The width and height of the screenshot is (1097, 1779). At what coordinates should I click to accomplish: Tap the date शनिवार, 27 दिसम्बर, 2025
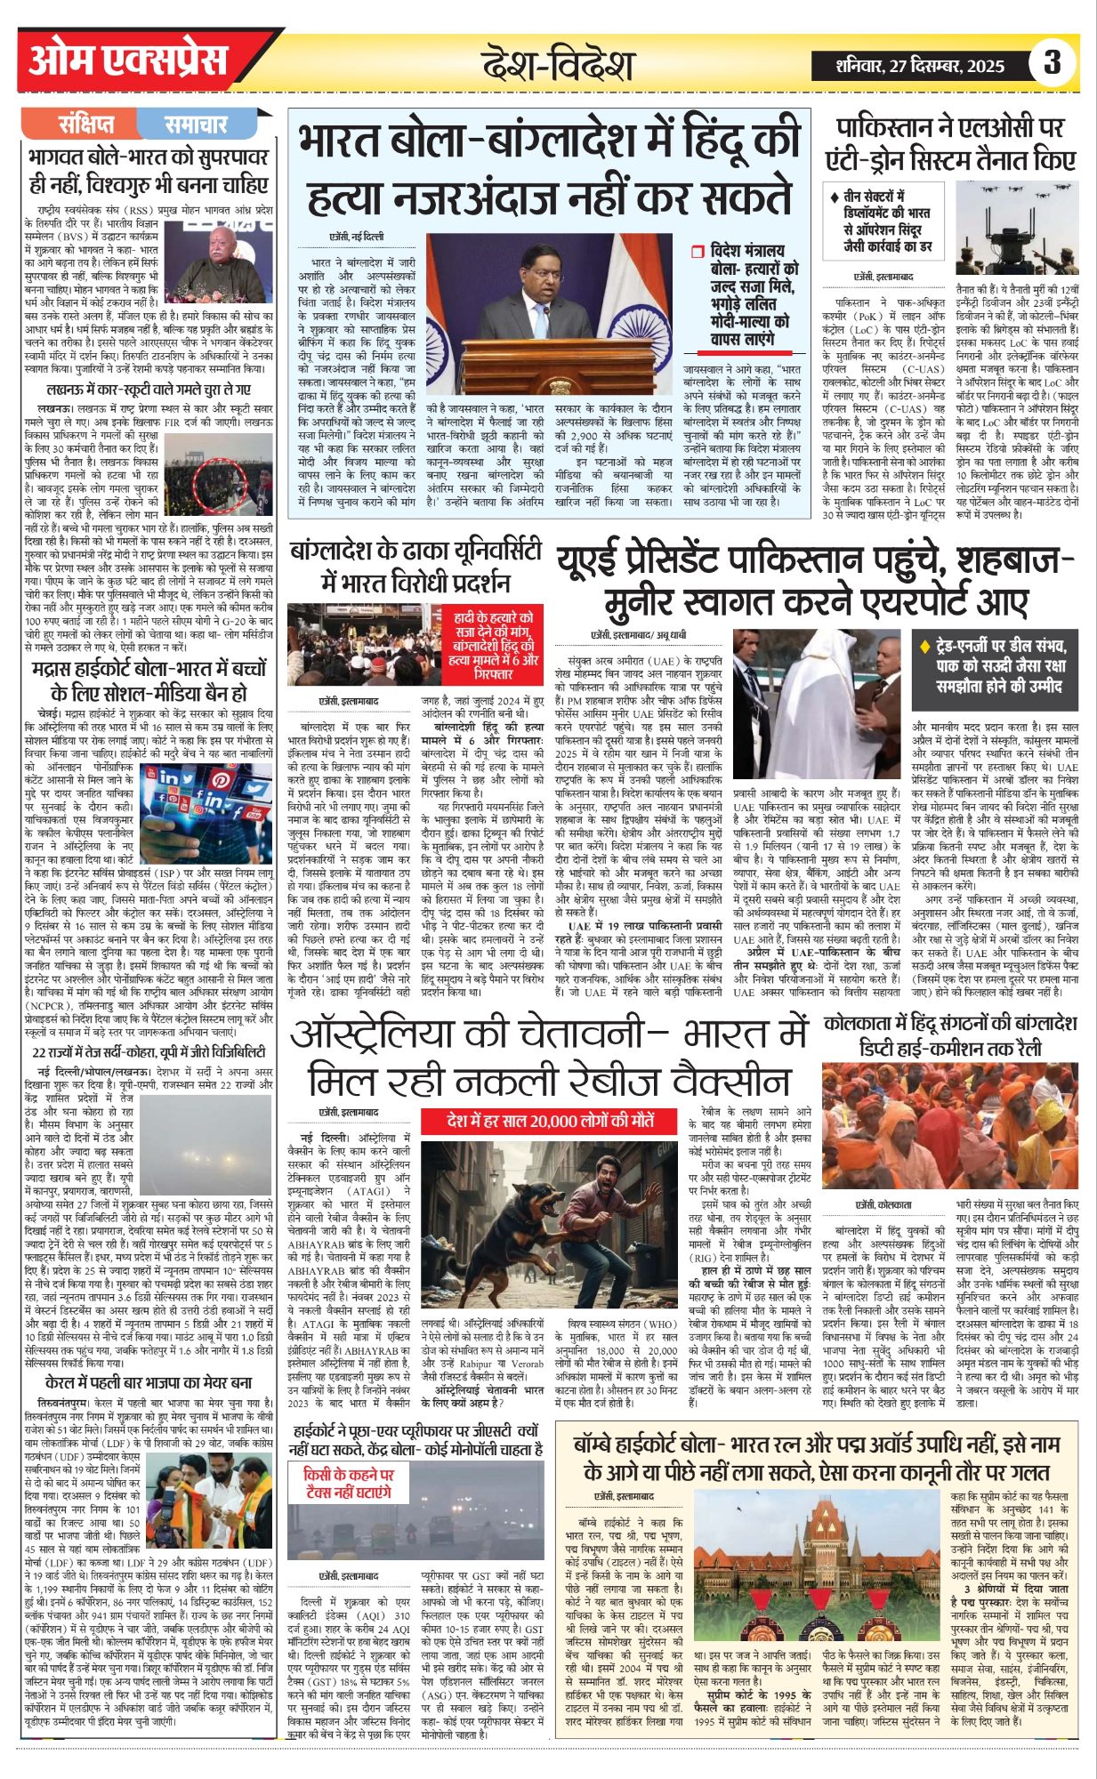pyautogui.click(x=920, y=65)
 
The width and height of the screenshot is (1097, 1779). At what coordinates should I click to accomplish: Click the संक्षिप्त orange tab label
pyautogui.click(x=86, y=124)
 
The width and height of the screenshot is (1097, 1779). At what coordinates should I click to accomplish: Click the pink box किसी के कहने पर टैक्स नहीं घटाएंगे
pyautogui.click(x=347, y=1481)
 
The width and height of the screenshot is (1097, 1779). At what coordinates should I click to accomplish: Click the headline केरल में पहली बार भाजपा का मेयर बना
pyautogui.click(x=149, y=1383)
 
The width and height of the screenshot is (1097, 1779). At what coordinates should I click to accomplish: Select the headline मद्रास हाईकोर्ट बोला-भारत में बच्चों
pyautogui.click(x=149, y=680)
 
